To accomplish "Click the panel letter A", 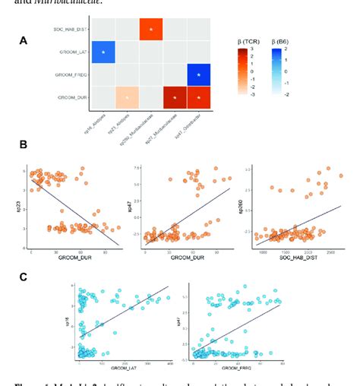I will [x=24, y=40].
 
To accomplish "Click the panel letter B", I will [x=24, y=144].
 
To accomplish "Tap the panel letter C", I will [x=24, y=277].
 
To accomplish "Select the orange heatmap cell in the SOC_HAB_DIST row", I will [x=152, y=29].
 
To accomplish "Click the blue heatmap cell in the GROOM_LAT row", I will [x=103, y=52].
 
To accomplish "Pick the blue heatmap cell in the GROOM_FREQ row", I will [x=199, y=75].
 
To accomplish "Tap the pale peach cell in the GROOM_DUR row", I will [x=127, y=98].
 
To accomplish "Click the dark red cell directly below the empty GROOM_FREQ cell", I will [x=175, y=98].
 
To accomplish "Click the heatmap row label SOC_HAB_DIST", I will [x=71, y=29].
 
